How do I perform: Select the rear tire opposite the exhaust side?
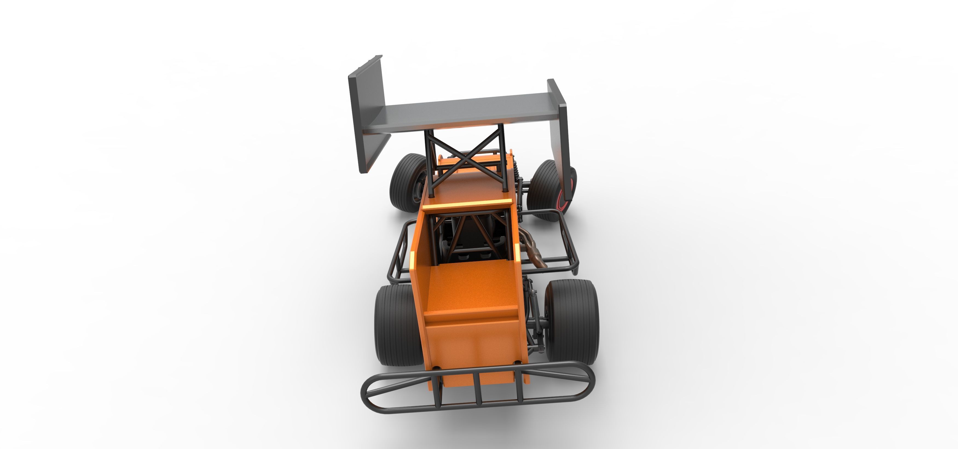(394, 324)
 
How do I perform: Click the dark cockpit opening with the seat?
(472, 238)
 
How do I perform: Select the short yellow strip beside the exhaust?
(517, 257)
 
